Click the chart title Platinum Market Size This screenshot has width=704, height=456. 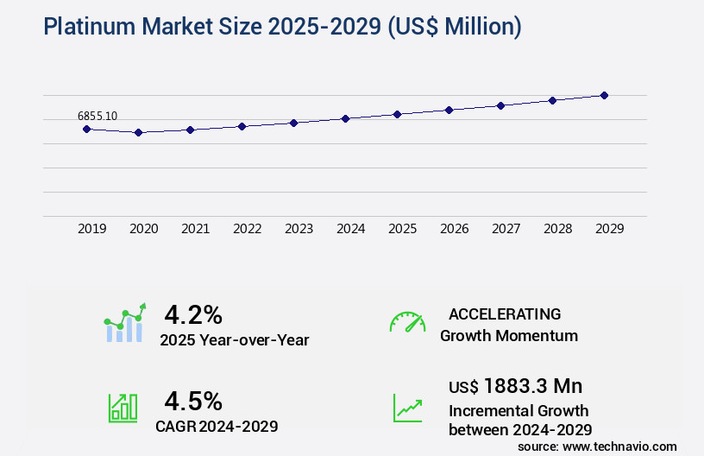[x=282, y=28]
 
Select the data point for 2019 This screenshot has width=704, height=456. [x=86, y=129]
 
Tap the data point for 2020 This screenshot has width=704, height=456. [x=138, y=132]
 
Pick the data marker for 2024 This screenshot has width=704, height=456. [x=345, y=118]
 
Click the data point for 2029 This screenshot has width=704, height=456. [x=604, y=95]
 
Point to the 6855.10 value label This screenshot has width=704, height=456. [x=97, y=116]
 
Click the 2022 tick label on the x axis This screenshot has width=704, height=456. [x=247, y=229]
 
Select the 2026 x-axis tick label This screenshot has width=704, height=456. [x=454, y=229]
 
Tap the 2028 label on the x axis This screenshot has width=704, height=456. [x=557, y=229]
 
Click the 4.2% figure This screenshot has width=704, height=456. [x=193, y=313]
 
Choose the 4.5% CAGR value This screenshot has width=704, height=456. [x=193, y=401]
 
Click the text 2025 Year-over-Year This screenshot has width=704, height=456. [x=234, y=340]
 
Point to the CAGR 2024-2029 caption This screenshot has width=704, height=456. [x=217, y=426]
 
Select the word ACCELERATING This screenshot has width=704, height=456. [x=505, y=314]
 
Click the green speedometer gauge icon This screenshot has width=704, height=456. [x=407, y=322]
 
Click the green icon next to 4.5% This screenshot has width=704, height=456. [x=122, y=408]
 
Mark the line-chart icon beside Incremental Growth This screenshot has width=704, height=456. [x=407, y=408]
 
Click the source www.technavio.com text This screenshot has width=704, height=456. [x=597, y=446]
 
